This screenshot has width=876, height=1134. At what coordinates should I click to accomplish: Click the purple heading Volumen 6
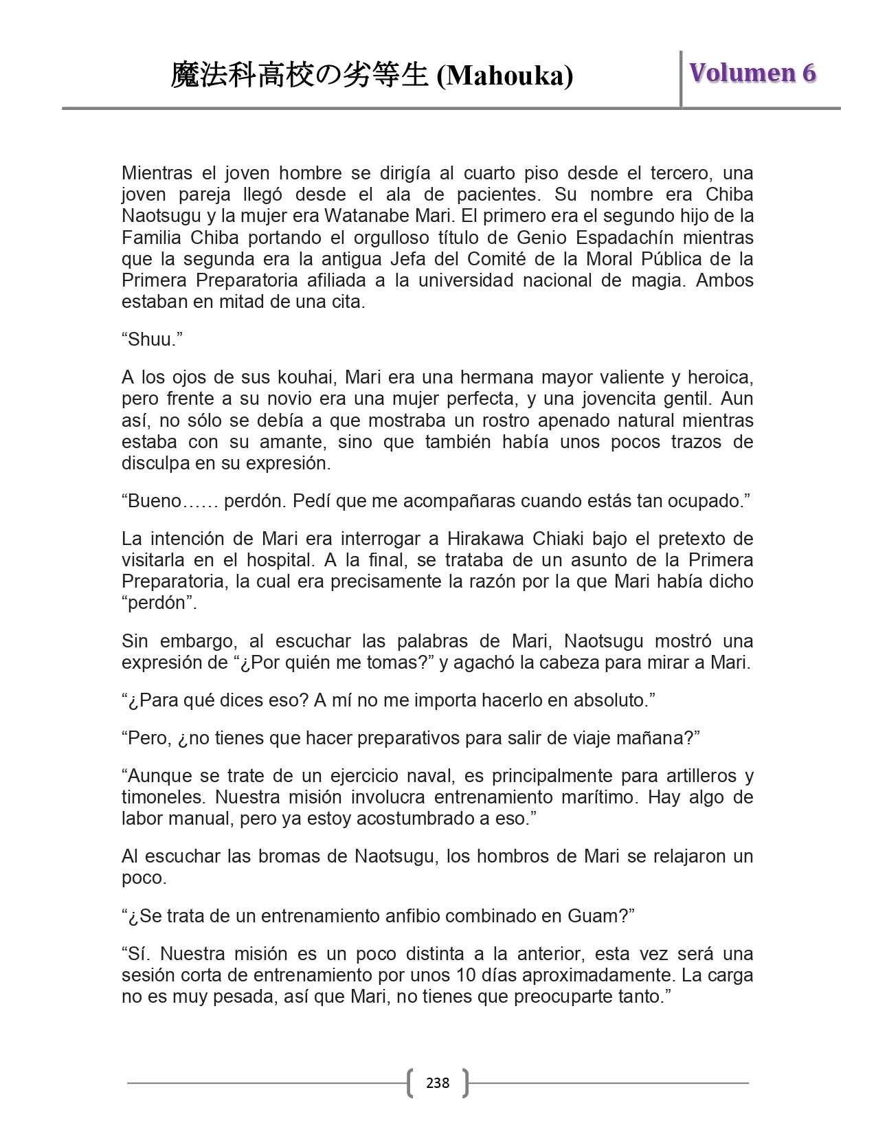click(x=753, y=73)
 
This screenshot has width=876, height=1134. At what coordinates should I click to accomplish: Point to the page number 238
click(x=438, y=1083)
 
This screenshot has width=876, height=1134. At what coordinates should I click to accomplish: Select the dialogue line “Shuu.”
click(x=152, y=340)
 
